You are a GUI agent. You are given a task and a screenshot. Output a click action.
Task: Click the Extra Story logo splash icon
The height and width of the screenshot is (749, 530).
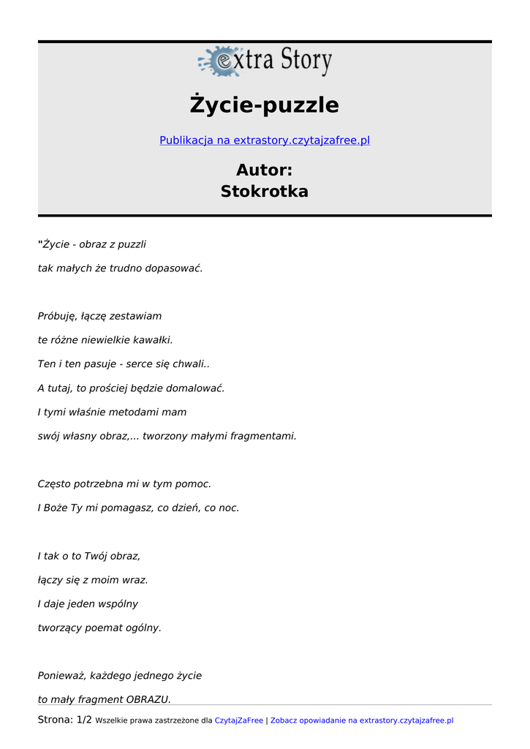coord(219,61)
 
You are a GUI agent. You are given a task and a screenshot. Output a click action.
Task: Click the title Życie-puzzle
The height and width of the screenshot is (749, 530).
coord(265,105)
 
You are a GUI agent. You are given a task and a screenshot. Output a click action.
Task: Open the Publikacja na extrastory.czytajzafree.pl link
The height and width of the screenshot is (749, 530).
coord(265,140)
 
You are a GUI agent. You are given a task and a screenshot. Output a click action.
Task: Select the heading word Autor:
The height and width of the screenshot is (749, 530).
coord(265,170)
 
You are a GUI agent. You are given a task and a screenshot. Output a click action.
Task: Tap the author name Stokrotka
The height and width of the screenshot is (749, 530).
coord(265,192)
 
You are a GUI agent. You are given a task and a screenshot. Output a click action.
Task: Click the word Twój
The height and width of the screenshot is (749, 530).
coord(96,557)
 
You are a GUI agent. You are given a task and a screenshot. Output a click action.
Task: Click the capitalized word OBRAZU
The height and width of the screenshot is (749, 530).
coord(148,700)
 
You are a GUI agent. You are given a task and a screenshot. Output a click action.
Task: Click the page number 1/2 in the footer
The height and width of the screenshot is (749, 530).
coord(84,720)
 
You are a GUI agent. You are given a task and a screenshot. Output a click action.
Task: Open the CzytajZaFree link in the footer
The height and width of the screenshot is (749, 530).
coord(238,721)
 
